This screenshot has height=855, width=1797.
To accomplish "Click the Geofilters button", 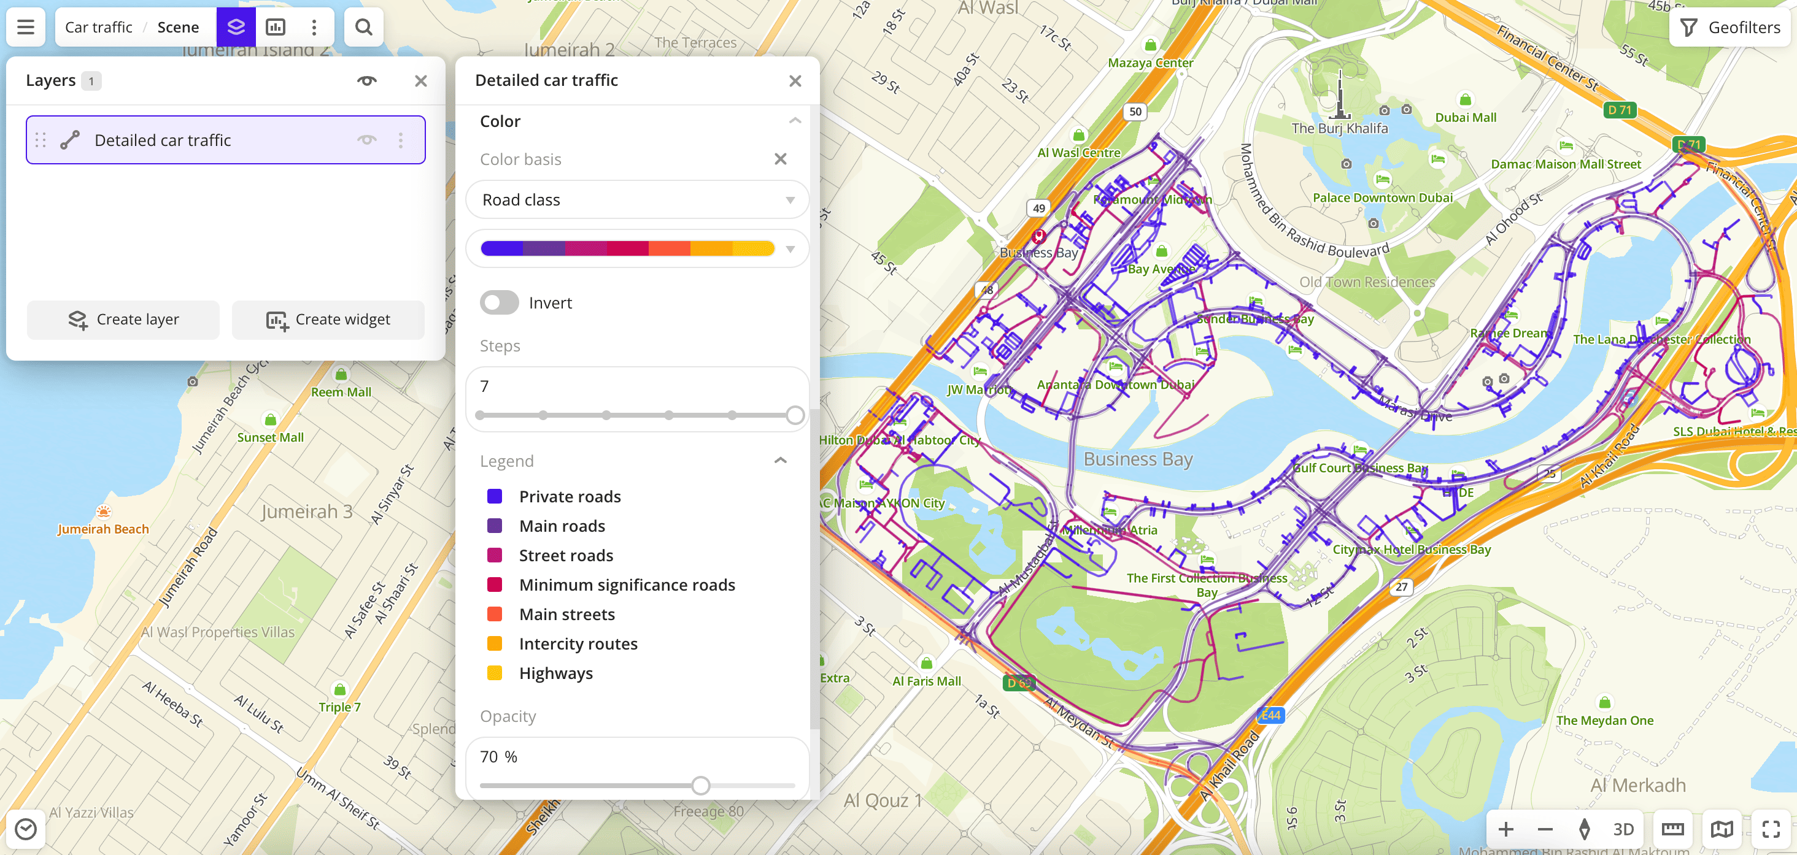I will click(1731, 27).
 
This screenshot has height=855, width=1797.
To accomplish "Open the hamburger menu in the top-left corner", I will click(26, 27).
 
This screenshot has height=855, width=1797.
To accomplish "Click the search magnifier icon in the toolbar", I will click(363, 27).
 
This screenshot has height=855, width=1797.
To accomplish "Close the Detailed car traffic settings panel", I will click(795, 81).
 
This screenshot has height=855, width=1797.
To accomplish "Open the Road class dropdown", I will click(636, 200).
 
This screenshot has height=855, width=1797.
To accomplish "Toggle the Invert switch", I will click(499, 302).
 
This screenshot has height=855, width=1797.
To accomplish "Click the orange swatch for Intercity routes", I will click(495, 643).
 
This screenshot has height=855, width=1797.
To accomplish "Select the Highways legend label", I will click(555, 673).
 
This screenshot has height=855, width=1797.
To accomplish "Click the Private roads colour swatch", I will click(495, 497).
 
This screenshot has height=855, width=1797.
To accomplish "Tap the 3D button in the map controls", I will click(1623, 829).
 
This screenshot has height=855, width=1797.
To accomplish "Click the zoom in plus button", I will click(1505, 829).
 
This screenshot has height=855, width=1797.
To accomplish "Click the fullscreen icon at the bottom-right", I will click(1771, 829).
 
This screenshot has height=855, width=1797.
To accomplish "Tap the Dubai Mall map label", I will click(1465, 117).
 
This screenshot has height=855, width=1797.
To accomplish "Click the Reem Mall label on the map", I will click(341, 392).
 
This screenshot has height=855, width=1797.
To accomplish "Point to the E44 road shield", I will click(1270, 715).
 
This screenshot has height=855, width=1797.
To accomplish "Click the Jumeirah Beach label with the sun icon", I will click(103, 529).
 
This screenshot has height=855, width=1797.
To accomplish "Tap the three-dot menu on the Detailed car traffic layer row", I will click(400, 140).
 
